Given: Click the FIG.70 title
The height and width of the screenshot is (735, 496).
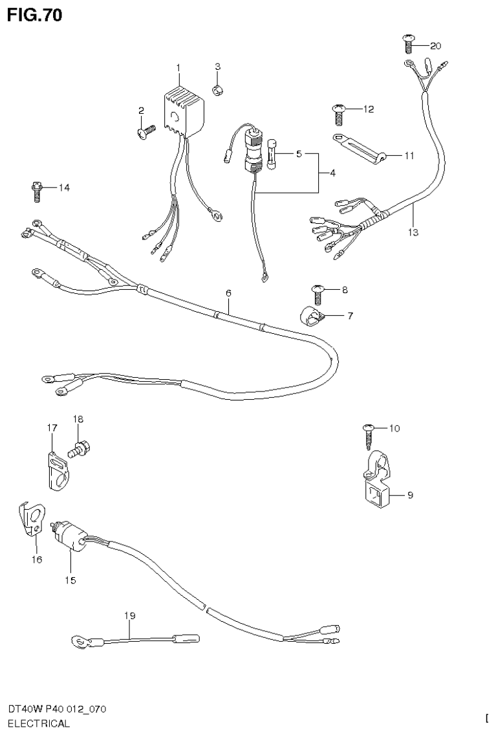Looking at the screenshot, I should click(35, 15).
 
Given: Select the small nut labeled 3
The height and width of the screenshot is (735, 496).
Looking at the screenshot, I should click(219, 89).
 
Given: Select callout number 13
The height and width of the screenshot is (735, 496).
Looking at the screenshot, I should click(413, 232).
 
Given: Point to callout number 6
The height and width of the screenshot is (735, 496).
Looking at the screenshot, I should click(228, 293).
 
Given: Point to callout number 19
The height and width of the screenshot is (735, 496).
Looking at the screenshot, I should click(130, 616).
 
